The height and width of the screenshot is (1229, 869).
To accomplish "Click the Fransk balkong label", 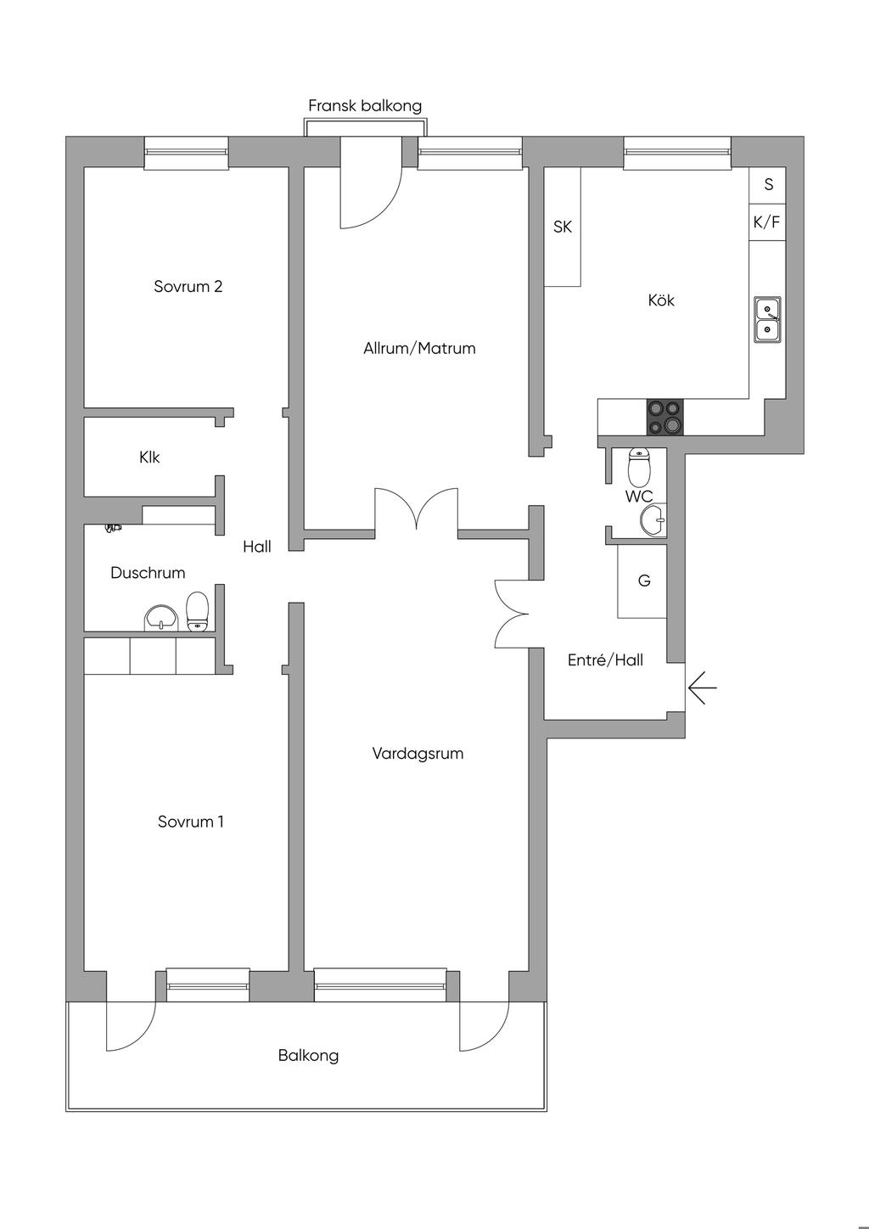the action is coord(365,106).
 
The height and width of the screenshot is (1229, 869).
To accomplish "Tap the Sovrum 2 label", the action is coord(188,286).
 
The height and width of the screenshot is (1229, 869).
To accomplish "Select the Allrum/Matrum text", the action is coord(419,348).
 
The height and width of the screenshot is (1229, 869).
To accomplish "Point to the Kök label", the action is coord(661,300).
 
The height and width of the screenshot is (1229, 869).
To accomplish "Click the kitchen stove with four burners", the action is coord(665,417).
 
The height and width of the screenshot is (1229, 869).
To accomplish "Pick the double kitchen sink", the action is coord(767,320).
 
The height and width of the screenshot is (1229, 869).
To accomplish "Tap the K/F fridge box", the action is coord(767,222).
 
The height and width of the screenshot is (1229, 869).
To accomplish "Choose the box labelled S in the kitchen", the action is coord(767,185).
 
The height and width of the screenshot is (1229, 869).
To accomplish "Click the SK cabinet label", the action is coord(563,227).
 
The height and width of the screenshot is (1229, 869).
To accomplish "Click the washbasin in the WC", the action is coord(653,518).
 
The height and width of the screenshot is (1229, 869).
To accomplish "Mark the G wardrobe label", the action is coord(644,580).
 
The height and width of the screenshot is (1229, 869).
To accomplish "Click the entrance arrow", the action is coord(702,687).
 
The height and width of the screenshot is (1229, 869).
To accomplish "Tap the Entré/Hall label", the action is coord(605,660).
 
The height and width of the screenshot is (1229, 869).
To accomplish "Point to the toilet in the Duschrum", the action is coord(198,612).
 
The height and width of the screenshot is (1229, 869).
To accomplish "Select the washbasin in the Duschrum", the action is coord(162,619).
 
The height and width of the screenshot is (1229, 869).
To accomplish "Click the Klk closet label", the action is coord(149,457).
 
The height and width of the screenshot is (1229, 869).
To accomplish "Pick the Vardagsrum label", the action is coord(418,754).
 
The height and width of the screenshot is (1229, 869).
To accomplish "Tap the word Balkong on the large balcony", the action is coord(308,1055).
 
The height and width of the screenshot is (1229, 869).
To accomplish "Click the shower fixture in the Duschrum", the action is coord(114,528).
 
